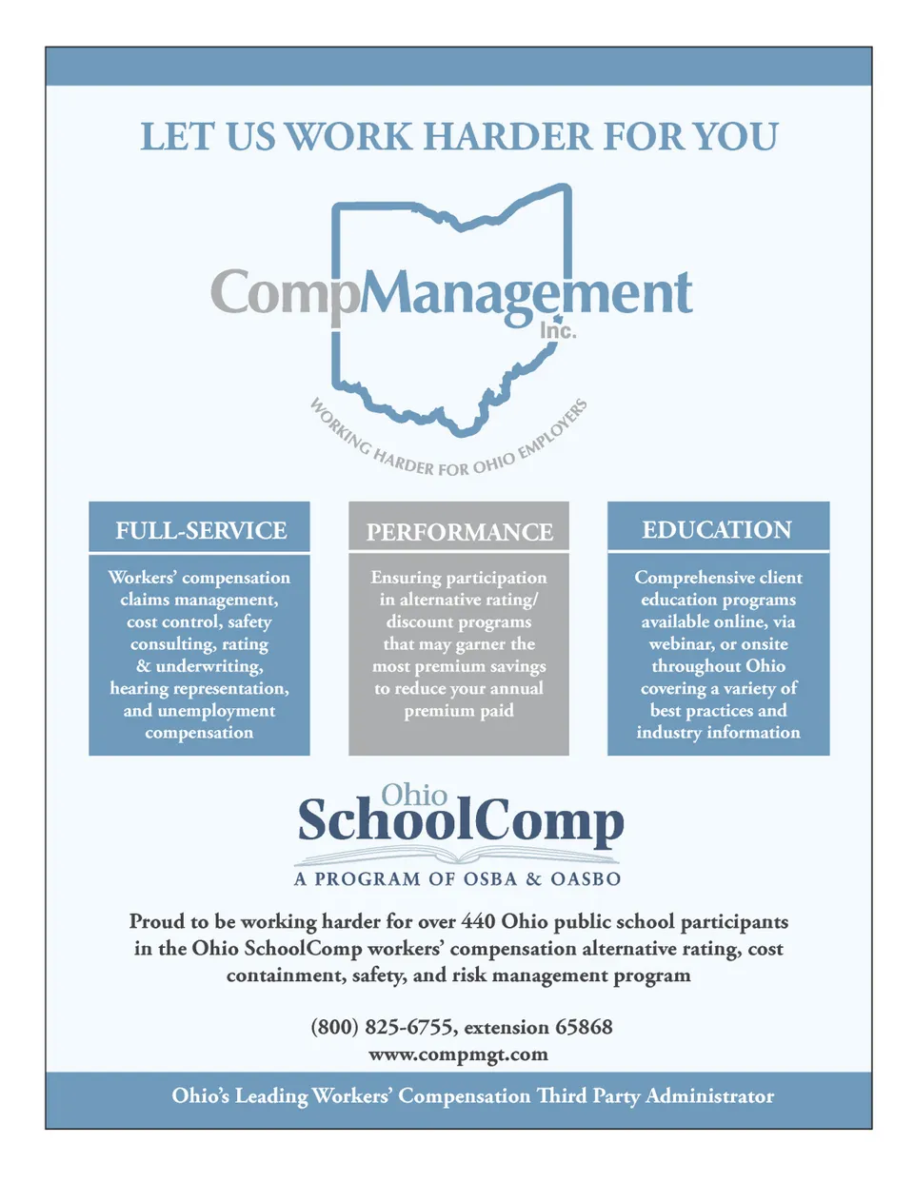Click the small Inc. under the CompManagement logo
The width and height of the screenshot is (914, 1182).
tap(558, 331)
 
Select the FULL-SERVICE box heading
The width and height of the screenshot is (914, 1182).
tap(201, 530)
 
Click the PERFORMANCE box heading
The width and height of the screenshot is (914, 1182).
tap(459, 532)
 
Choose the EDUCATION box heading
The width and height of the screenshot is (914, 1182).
tap(717, 530)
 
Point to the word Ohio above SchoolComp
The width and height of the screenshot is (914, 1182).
tap(414, 795)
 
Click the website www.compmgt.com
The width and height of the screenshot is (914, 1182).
tap(458, 1054)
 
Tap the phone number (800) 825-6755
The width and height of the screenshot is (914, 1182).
tap(382, 1027)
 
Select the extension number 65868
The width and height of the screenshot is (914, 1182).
tap(584, 1027)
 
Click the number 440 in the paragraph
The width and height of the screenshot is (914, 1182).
tap(479, 921)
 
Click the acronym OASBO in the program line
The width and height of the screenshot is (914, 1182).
tap(586, 879)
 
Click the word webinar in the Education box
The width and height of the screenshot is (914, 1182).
tap(680, 644)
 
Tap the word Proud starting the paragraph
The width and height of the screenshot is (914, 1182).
tap(157, 921)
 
